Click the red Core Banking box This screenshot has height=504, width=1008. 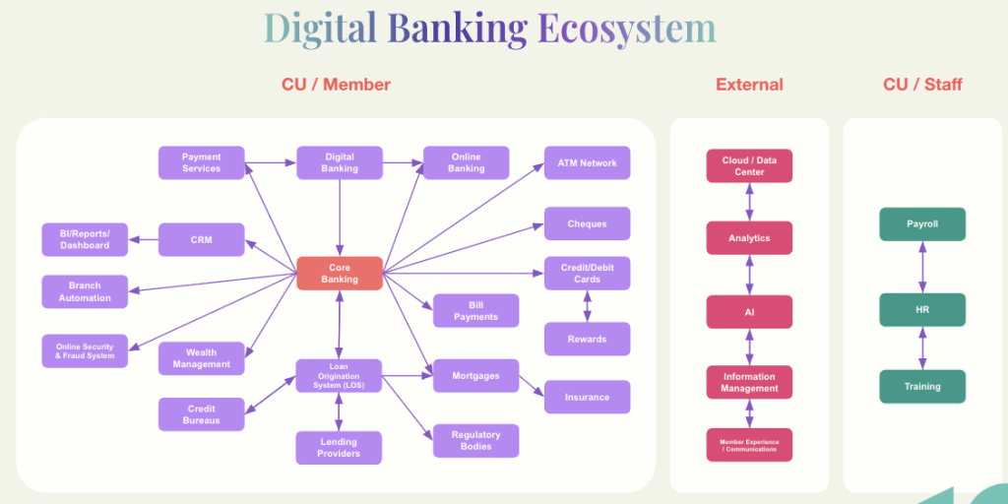[x=340, y=273]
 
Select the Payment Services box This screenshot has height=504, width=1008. [x=201, y=162]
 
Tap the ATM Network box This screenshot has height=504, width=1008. [x=587, y=162]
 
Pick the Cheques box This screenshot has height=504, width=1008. [x=587, y=223]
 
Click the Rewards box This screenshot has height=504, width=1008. [x=587, y=339]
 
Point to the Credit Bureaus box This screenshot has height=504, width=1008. [x=201, y=414]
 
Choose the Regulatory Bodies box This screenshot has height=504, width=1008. [x=475, y=440]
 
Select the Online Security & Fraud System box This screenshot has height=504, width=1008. [x=85, y=350]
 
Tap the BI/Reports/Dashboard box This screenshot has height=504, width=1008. [x=85, y=239]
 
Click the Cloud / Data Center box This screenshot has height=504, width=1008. [x=749, y=165]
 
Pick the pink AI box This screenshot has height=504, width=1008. [x=749, y=311]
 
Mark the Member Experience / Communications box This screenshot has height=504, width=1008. [x=749, y=445]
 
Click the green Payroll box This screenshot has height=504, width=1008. [x=922, y=223]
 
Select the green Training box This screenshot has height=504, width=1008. [x=922, y=386]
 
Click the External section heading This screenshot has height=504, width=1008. [x=749, y=85]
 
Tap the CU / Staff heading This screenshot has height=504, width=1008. [x=922, y=85]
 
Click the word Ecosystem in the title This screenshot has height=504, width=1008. [x=626, y=28]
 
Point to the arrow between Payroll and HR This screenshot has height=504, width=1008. [x=922, y=267]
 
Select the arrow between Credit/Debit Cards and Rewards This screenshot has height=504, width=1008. [x=588, y=306]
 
